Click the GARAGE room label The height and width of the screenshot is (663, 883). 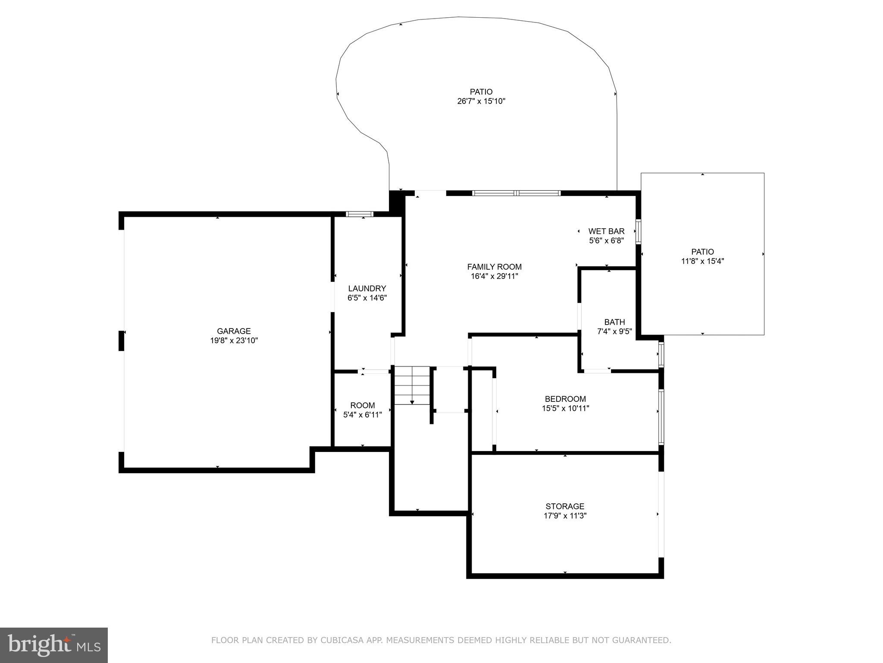pos(234,331)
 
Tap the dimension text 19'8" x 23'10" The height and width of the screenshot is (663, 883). pos(234,341)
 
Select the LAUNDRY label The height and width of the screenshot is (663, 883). pos(367,288)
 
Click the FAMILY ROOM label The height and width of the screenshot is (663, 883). pos(494,267)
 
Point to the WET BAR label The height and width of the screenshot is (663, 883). pos(606,231)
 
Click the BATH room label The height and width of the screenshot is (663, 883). pos(614,322)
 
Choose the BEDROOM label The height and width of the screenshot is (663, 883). pos(565,399)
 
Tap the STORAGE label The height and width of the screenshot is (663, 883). pos(565,506)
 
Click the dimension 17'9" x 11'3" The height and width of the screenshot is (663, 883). pos(565,516)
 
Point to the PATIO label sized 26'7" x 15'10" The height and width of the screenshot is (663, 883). pos(481,92)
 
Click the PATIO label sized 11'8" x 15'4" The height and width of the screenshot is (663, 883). pos(702,252)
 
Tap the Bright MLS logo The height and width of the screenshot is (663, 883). pos(53,644)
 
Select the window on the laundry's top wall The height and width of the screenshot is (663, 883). pos(360,214)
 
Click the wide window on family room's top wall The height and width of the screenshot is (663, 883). pos(517,193)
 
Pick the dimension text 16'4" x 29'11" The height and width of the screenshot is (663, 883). pos(494,276)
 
